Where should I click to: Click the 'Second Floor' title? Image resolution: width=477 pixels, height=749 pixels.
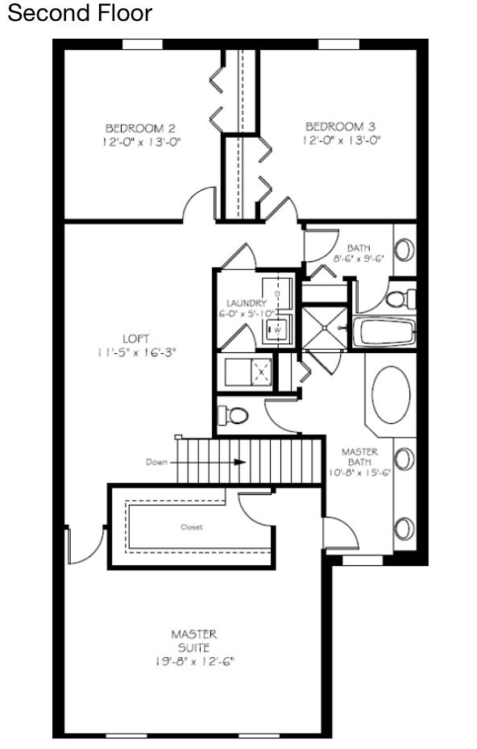[x=79, y=14]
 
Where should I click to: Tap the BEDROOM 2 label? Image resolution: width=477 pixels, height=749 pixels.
[x=140, y=127]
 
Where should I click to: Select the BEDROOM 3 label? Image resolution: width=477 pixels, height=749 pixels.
[x=340, y=127]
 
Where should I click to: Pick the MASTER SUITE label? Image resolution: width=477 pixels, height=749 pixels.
[x=193, y=640]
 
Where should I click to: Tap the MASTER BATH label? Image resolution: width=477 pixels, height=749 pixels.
[x=359, y=457]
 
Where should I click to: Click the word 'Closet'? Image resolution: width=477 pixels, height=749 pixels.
[x=192, y=527]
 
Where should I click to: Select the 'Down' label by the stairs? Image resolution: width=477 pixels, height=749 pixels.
[x=156, y=462]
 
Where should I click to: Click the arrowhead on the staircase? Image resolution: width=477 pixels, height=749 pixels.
[x=239, y=462]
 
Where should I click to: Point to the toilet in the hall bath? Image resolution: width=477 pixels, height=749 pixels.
[x=396, y=299]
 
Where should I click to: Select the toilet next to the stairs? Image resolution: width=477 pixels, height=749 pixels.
[x=234, y=415]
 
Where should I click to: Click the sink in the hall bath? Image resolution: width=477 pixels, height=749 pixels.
[x=404, y=248]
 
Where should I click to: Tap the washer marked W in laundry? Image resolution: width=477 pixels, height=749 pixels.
[x=276, y=329]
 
